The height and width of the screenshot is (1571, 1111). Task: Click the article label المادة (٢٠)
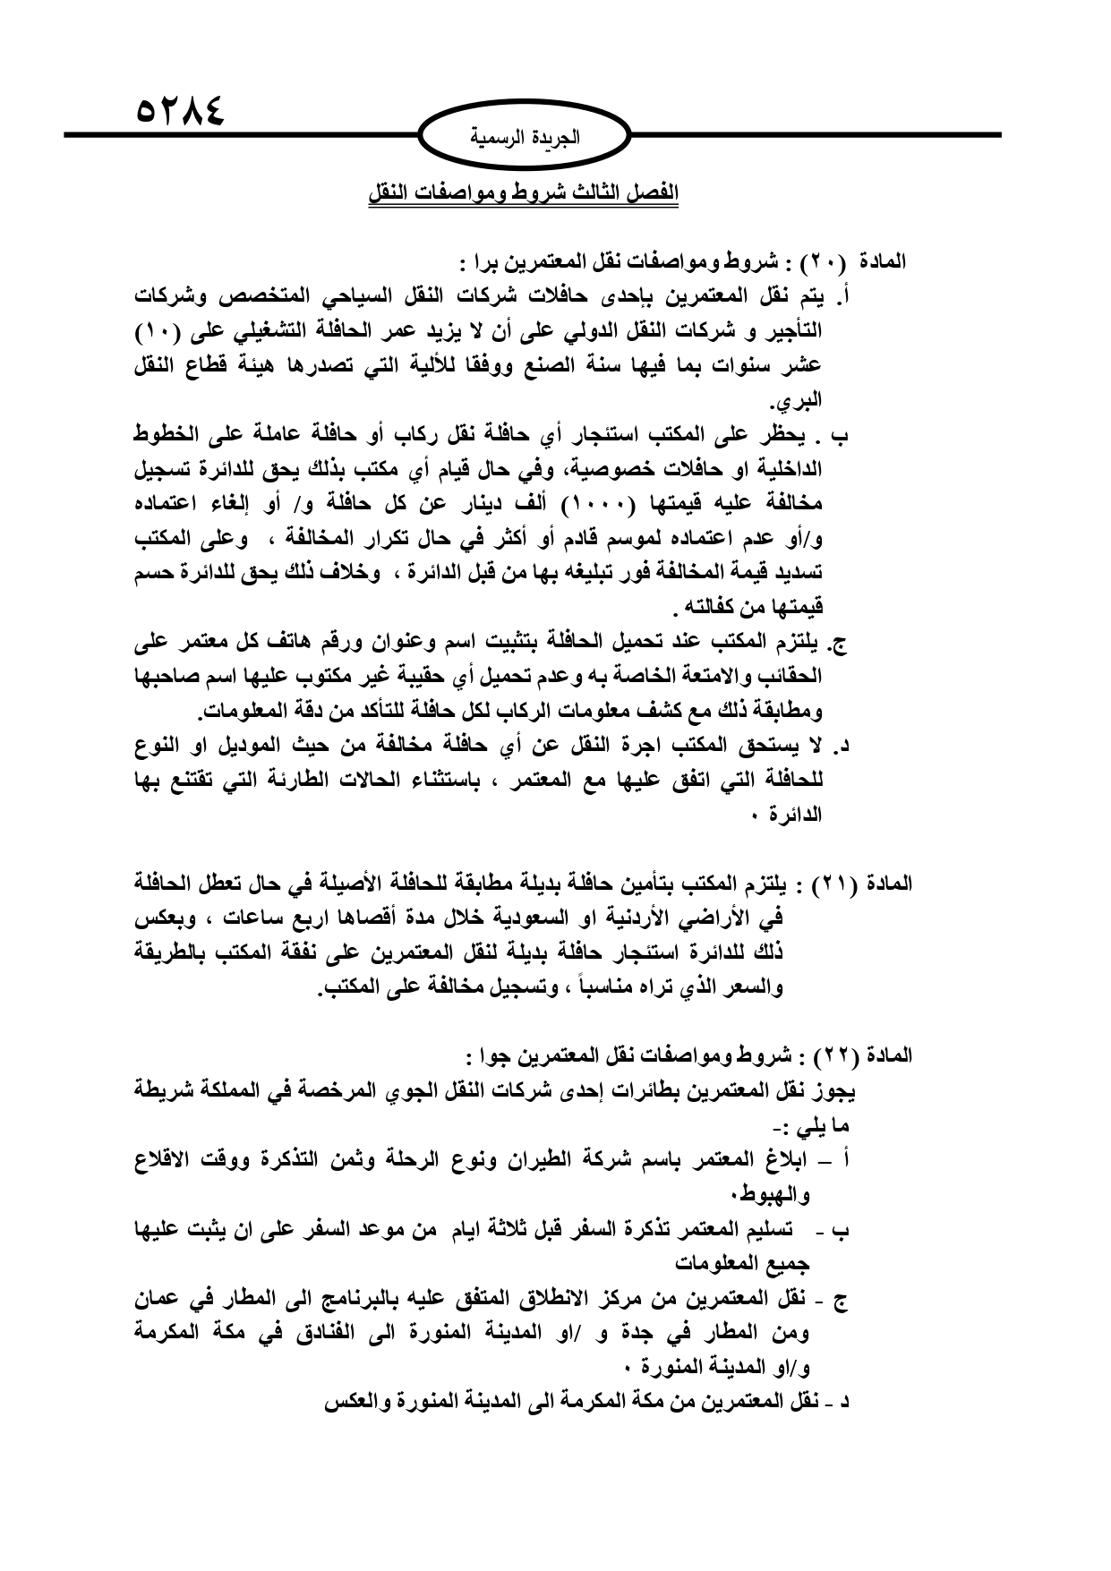pyautogui.click(x=859, y=263)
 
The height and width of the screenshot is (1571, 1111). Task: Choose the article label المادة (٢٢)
pyautogui.click(x=861, y=1055)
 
